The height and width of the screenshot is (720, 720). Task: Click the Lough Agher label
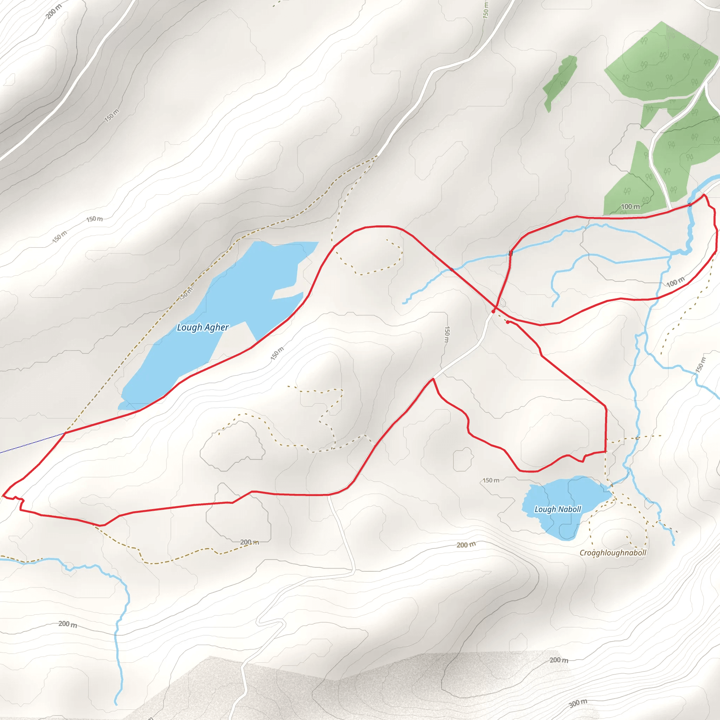[203, 327]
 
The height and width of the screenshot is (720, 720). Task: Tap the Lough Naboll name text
[558, 509]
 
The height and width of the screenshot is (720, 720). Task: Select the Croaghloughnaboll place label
[613, 553]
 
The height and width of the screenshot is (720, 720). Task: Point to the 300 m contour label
[578, 703]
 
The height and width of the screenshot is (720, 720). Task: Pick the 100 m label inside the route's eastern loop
[675, 282]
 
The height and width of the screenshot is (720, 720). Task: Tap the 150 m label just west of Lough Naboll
[491, 480]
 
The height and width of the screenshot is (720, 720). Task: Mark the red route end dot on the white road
[493, 311]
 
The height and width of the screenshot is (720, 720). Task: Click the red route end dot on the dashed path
[508, 322]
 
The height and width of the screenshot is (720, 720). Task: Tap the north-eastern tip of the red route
[703, 194]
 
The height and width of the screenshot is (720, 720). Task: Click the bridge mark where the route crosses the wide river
[690, 204]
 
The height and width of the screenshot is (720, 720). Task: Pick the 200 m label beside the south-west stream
[68, 624]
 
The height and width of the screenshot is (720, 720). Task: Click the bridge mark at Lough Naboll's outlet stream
[612, 485]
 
